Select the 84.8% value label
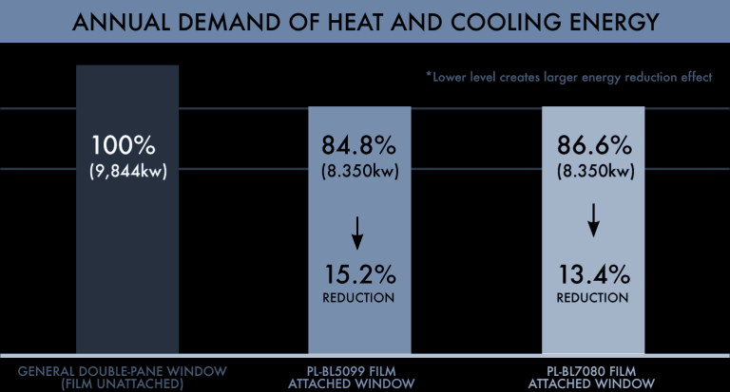(x=358, y=147)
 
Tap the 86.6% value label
(x=592, y=147)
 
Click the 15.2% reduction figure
(x=358, y=275)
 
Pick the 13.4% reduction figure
(x=592, y=275)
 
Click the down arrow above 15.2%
(x=358, y=228)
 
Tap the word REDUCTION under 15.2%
(x=358, y=298)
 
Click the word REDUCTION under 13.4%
(x=592, y=298)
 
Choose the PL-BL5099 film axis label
(x=358, y=377)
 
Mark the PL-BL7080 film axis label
(x=592, y=377)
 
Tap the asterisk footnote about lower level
(x=568, y=77)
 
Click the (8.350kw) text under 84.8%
(x=358, y=172)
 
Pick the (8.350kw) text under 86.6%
(x=592, y=172)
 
